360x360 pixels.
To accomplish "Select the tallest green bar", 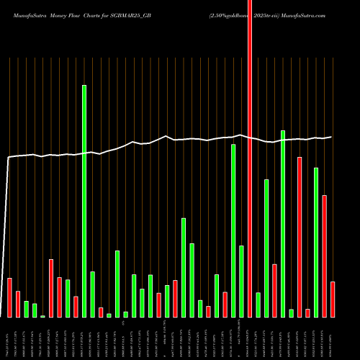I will (84, 202).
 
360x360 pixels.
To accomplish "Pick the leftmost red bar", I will (9, 297).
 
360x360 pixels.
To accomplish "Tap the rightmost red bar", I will (333, 300).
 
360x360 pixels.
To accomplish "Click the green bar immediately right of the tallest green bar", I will (93, 294).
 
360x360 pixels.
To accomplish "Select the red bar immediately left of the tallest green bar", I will (76, 307).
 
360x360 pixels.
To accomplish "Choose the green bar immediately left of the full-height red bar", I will (241, 282).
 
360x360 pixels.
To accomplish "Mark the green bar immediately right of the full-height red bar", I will (258, 305).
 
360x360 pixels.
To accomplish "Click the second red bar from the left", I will (18, 304).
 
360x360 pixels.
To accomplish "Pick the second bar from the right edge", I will (324, 256).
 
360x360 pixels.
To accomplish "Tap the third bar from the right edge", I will (316, 243).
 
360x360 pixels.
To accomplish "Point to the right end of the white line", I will (331, 137).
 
